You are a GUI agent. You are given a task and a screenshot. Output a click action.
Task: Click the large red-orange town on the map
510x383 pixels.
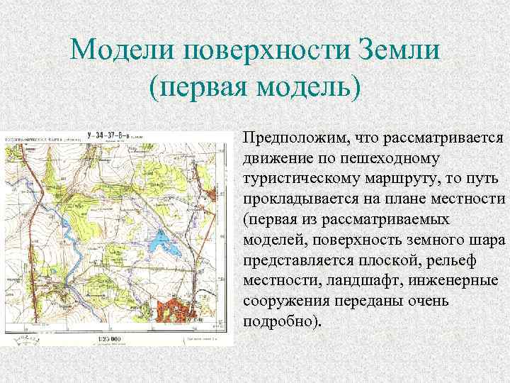pyautogui.click(x=178, y=311)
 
